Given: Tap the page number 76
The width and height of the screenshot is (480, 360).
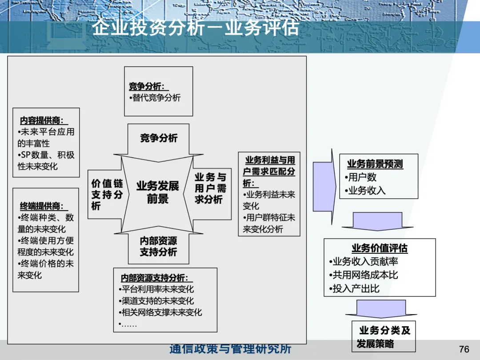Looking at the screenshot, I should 464,349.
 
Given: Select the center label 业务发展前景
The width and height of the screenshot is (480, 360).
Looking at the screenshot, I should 158,192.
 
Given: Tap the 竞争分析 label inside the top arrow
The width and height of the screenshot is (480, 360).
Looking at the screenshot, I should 159,138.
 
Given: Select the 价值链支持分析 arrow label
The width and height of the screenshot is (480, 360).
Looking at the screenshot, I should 107,195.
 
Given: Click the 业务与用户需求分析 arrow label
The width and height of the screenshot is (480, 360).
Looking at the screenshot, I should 210,188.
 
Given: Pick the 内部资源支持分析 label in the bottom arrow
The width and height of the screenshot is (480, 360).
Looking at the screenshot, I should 158,246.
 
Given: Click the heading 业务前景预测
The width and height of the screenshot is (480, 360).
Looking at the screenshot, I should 375,164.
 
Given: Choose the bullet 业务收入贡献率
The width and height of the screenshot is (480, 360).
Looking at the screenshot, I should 364,262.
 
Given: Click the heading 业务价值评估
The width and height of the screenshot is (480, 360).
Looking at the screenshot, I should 380,248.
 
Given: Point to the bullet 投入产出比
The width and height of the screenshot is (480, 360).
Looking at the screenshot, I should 356,288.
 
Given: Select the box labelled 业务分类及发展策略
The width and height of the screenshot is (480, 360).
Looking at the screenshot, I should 384,337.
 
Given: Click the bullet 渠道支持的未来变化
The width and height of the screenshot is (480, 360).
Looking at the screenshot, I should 158,301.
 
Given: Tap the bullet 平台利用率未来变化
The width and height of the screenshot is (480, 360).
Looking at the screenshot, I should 158,289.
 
